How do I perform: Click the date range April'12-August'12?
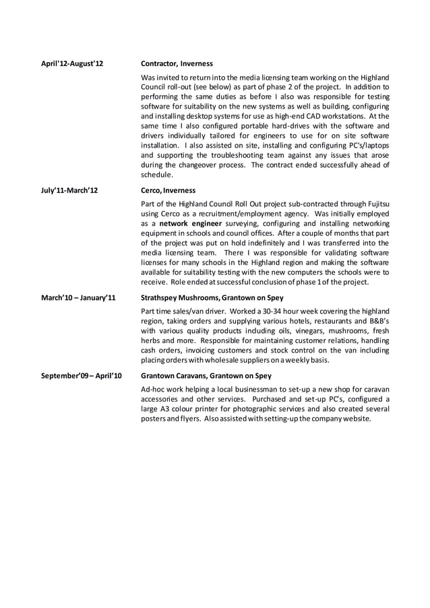click(71, 64)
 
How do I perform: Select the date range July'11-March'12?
click(69, 191)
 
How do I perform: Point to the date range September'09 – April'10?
click(82, 375)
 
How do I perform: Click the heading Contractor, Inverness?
click(177, 64)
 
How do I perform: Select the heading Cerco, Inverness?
click(168, 191)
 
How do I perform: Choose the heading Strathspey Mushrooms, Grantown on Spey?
click(212, 297)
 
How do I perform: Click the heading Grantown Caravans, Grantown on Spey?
click(206, 375)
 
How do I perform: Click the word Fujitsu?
click(375, 203)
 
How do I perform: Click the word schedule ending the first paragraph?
click(156, 175)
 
